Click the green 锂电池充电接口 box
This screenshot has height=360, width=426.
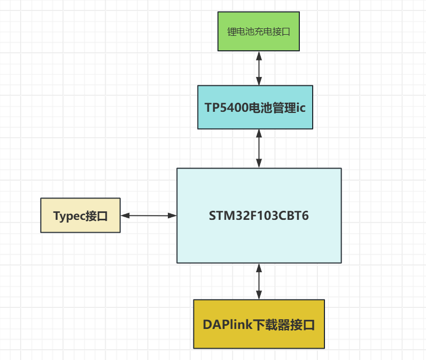click(x=259, y=31)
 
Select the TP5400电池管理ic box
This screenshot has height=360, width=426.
click(x=255, y=107)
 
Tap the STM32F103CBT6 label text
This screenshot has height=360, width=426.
click(x=259, y=216)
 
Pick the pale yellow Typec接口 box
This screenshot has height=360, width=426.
click(x=80, y=216)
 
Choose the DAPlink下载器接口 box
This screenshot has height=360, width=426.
click(x=259, y=324)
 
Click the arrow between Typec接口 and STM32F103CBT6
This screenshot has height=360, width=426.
click(x=149, y=216)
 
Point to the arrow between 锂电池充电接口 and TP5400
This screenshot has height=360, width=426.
click(x=259, y=68)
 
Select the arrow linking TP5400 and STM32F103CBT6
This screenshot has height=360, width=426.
click(x=259, y=149)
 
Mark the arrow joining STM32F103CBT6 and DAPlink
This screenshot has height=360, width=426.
click(x=259, y=281)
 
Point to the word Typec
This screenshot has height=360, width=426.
click(x=68, y=216)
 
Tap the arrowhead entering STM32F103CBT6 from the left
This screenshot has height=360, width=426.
click(x=173, y=216)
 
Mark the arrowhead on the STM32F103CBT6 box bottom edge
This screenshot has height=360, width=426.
click(x=259, y=267)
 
